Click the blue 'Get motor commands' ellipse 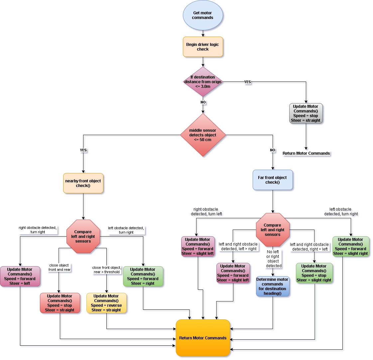coord(203,15)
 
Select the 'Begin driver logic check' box coord(203,47)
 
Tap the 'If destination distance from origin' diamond coord(203,82)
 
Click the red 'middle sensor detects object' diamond coord(203,135)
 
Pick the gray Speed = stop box coord(306,113)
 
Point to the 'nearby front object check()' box coord(83,183)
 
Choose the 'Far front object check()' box coord(272,180)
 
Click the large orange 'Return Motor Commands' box coord(203,338)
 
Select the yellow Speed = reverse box coord(106,303)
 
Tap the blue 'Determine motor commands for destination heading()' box coord(273,286)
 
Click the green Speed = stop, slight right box coord(314,273)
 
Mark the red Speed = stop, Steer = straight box coord(60,303)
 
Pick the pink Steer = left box coord(20,276)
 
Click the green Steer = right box coord(143,276)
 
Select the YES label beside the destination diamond coord(247,82)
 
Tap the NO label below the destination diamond coord(203,102)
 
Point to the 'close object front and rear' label coord(59,268)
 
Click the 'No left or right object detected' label coord(273,259)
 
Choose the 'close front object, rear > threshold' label coord(107,270)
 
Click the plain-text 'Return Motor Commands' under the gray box coord(306,153)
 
